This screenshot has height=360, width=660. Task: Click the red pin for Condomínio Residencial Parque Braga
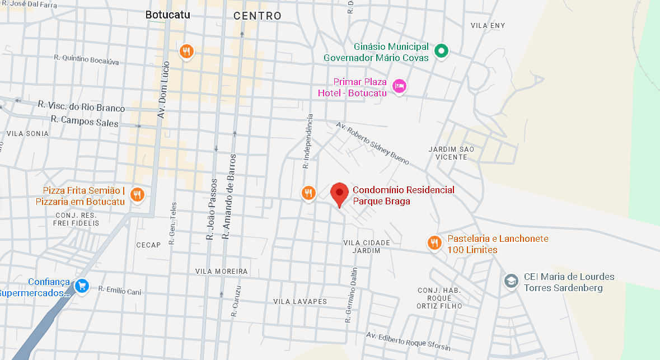tap(339, 194)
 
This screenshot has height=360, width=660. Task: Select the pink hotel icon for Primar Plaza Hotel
tap(399, 86)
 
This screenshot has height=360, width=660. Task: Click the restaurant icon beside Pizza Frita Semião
tap(137, 195)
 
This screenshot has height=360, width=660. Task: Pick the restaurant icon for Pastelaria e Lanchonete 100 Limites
tap(434, 243)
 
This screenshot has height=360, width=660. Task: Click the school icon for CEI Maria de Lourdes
tap(511, 280)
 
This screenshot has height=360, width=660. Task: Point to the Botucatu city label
tap(167, 15)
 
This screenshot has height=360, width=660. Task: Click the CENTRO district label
tap(258, 16)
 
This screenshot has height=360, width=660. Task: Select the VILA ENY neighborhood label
tap(488, 26)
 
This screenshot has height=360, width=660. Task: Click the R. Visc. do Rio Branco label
tap(81, 106)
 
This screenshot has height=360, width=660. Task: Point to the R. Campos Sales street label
tap(85, 120)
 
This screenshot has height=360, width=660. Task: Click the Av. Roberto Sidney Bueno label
tap(372, 143)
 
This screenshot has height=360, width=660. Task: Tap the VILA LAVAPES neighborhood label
tap(299, 301)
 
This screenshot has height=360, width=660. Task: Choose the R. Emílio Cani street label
tap(120, 291)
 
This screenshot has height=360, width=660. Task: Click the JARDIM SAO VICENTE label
tap(451, 153)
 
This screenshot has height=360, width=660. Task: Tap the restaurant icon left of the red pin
tap(308, 193)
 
